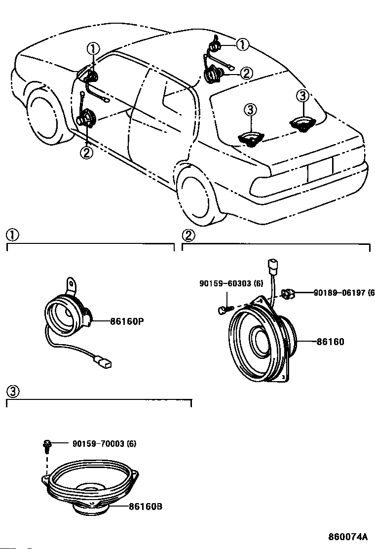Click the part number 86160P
(127, 321)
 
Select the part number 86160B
(146, 506)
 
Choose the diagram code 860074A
(348, 536)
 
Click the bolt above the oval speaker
(46, 445)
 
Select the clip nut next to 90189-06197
(288, 293)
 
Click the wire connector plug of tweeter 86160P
(104, 362)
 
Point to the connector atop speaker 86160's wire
(272, 266)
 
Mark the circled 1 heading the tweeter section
(13, 235)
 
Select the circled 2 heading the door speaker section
(188, 235)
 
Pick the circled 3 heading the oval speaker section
(13, 392)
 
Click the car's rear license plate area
(320, 169)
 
